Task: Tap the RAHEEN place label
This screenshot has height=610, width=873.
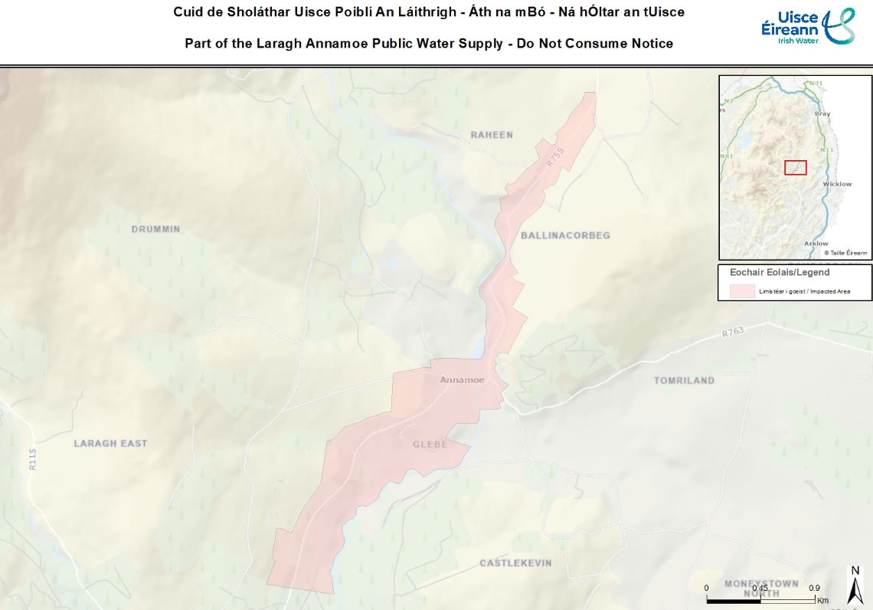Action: pyautogui.click(x=492, y=135)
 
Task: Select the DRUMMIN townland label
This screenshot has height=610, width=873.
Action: pyautogui.click(x=155, y=229)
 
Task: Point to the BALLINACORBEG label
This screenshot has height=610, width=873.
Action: pyautogui.click(x=565, y=235)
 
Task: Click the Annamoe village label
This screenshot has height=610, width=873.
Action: pyautogui.click(x=462, y=380)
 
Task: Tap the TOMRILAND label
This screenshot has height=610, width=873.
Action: pyautogui.click(x=684, y=380)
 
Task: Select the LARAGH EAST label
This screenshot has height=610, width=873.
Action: pyautogui.click(x=110, y=443)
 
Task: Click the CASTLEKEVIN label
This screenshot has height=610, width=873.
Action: pyautogui.click(x=515, y=563)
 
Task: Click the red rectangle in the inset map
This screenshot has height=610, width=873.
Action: pyautogui.click(x=796, y=167)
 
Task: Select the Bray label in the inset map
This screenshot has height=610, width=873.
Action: pyautogui.click(x=822, y=113)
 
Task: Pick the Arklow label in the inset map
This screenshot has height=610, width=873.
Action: pyautogui.click(x=816, y=244)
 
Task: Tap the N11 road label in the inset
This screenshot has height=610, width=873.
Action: pyautogui.click(x=826, y=149)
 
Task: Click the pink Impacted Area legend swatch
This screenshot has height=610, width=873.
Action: pyautogui.click(x=742, y=291)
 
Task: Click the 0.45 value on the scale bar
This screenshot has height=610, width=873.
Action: pyautogui.click(x=760, y=587)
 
